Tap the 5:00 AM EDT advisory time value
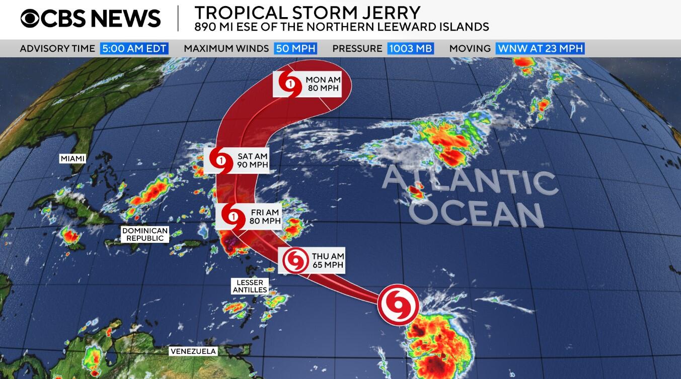coord(134,49)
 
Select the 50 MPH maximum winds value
coord(295,49)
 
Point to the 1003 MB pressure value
coord(410,49)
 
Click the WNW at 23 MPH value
coord(540,49)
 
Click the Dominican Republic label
coord(145,234)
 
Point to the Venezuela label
coord(193,351)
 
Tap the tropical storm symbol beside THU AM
coord(295,260)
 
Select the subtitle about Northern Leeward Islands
coord(341,27)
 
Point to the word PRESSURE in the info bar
coord(357,49)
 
